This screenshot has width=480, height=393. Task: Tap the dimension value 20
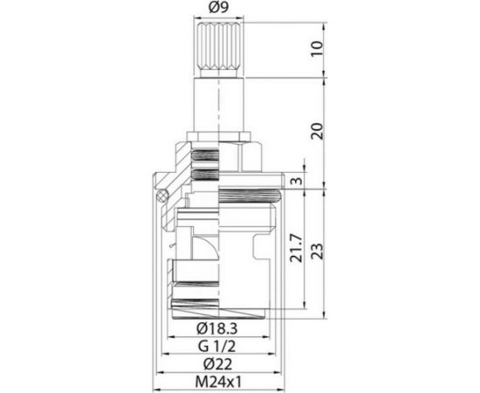click(318, 132)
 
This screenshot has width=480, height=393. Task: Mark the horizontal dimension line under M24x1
click(218, 390)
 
